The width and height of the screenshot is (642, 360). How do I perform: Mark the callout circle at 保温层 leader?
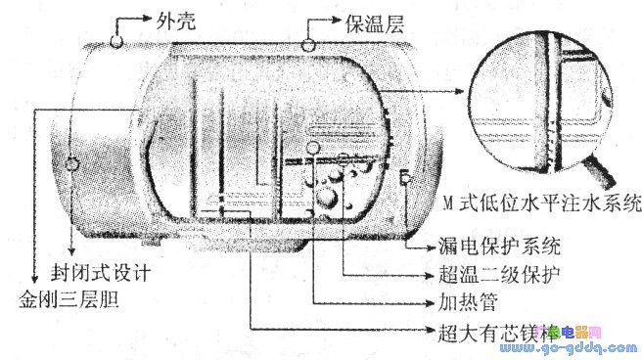[309, 43]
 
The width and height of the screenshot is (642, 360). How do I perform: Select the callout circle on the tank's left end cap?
[71, 162]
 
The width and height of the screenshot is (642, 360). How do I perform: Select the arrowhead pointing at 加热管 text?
[421, 299]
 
